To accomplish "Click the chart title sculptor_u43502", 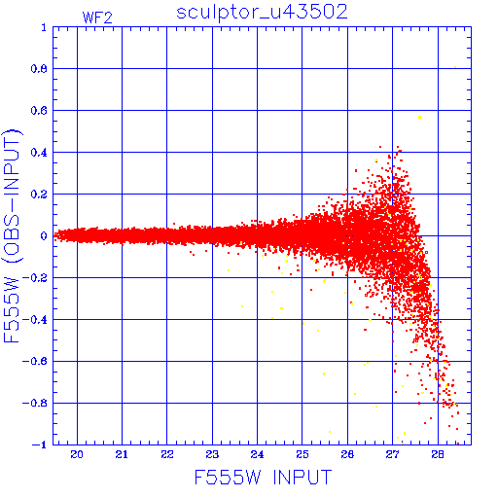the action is [262, 13].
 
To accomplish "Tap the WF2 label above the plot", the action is [97, 18].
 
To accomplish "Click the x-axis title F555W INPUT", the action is [263, 478].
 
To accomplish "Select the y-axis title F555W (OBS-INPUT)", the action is [12, 235].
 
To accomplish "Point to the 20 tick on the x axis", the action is [77, 454].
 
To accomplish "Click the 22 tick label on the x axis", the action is [167, 454].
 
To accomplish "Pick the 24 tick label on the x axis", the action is [257, 454].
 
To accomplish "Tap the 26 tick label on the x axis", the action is [347, 454].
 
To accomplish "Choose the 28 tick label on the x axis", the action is [438, 454].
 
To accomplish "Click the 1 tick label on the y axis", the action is [44, 27].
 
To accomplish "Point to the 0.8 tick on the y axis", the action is [39, 69].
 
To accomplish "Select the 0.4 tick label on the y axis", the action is [39, 153].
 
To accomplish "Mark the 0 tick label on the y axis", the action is [44, 236].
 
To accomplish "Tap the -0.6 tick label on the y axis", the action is [35, 361].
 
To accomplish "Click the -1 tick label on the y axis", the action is [39, 445].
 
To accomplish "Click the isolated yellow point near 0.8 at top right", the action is [455, 67].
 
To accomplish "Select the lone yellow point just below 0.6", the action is [419, 117].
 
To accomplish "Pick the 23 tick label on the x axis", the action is [212, 454].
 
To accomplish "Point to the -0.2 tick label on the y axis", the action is [35, 278].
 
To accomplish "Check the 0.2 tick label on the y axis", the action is [39, 195].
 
